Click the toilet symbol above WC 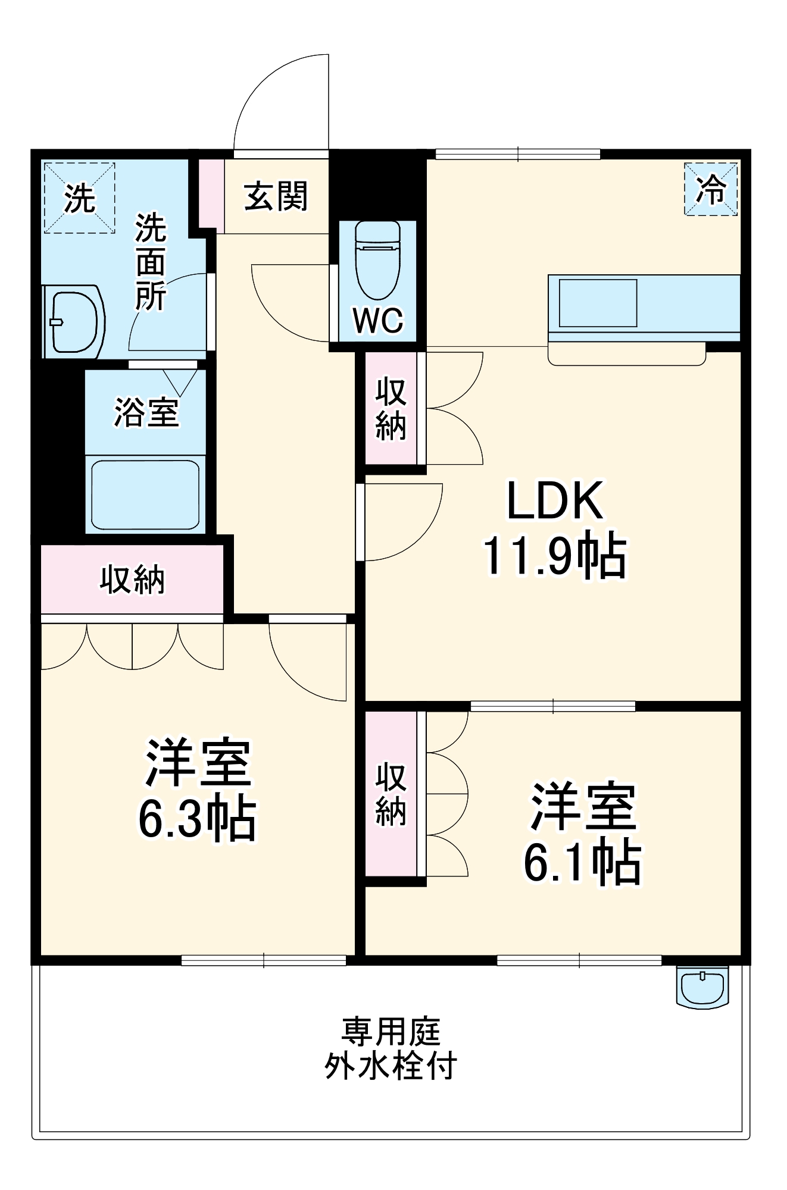tap(377, 260)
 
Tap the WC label tap(378, 321)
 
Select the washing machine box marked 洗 tap(79, 198)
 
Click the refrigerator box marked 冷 tap(711, 189)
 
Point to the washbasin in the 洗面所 tap(74, 322)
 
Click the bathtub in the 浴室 tap(145, 494)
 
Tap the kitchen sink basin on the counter tap(598, 303)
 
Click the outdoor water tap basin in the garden tap(702, 987)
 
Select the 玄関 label tap(276, 196)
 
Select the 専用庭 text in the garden tap(391, 1032)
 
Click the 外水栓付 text tap(391, 1065)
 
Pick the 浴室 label tap(146, 412)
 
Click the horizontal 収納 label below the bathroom tap(132, 579)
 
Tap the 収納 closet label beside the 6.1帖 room tap(391, 793)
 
